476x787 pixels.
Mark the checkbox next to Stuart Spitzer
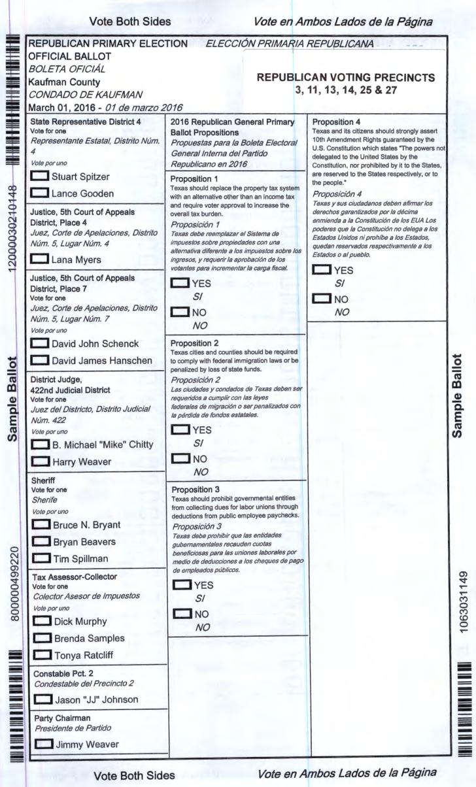coord(41,176)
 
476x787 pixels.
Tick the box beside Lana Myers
coord(41,260)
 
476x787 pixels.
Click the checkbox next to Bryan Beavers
coord(41,542)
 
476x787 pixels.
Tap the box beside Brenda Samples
coord(41,637)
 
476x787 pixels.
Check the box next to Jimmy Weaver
coord(41,743)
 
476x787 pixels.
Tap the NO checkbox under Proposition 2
coord(178,460)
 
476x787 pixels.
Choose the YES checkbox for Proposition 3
coord(178,585)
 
